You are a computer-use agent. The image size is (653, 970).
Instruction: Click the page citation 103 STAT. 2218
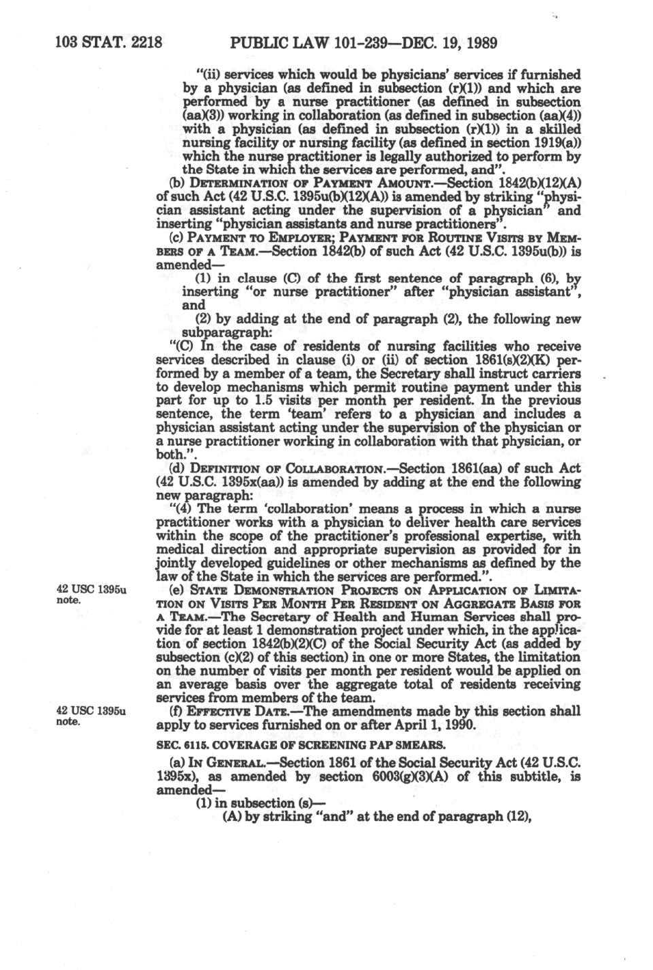[x=108, y=44]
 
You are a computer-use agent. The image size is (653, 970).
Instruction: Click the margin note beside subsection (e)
[x=90, y=595]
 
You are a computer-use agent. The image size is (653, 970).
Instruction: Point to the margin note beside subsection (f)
[x=90, y=716]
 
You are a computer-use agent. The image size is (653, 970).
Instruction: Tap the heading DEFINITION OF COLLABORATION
[x=288, y=468]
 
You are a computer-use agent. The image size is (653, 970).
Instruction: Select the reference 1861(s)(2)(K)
[x=503, y=360]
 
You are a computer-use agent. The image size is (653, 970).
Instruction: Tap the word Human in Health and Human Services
[x=427, y=617]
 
